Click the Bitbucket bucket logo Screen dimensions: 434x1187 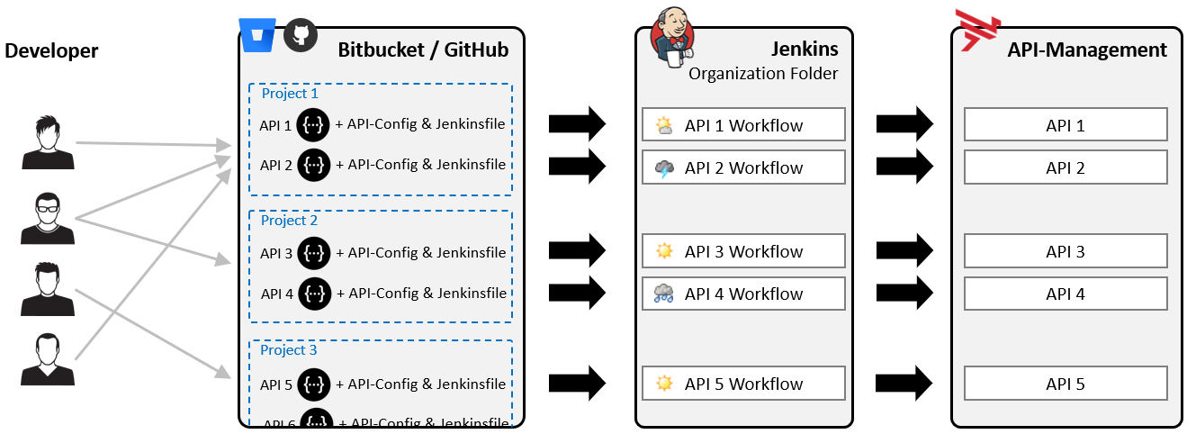(257, 35)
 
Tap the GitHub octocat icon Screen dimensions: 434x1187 (301, 35)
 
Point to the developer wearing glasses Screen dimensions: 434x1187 (48, 218)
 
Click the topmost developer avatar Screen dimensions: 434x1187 (48, 142)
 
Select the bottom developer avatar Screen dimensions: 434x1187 (48, 359)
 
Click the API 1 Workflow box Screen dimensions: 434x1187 (743, 125)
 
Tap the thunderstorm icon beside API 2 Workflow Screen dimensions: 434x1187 (664, 168)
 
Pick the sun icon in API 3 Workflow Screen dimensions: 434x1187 (664, 251)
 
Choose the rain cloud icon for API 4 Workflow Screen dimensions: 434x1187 (664, 294)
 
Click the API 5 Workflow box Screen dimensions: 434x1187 (743, 384)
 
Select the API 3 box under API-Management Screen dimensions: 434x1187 (1066, 251)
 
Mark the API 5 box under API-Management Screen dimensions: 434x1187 (1066, 384)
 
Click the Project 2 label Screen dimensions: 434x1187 (289, 221)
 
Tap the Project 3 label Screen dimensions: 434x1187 (289, 350)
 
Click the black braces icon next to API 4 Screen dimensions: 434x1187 (314, 294)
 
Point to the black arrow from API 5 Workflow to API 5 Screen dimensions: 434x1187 (905, 383)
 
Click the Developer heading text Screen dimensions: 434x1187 (51, 51)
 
